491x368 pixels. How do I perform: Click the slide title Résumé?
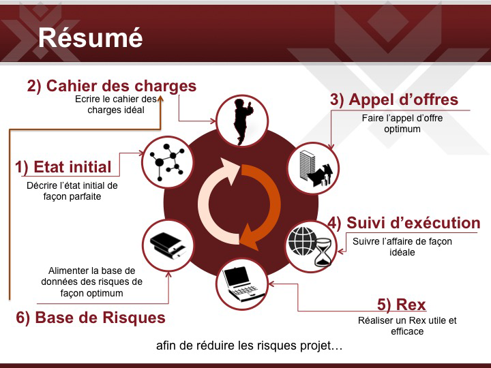(91, 38)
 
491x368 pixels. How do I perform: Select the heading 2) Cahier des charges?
(112, 86)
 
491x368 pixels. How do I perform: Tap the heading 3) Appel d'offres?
(394, 99)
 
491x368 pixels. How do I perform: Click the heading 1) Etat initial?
(63, 167)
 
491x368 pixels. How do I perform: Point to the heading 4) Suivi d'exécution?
(404, 223)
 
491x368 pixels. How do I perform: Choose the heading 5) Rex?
(402, 305)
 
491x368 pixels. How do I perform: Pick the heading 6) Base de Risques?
(91, 318)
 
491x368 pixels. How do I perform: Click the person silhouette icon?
(243, 121)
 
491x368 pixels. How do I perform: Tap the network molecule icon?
(167, 162)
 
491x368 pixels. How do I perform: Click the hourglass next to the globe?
(323, 252)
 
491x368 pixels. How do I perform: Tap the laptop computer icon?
(243, 283)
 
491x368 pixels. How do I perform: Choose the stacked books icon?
(168, 245)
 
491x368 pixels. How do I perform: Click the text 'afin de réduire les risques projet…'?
(250, 346)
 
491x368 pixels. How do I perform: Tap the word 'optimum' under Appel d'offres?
(402, 129)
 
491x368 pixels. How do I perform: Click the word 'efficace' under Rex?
(407, 331)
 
